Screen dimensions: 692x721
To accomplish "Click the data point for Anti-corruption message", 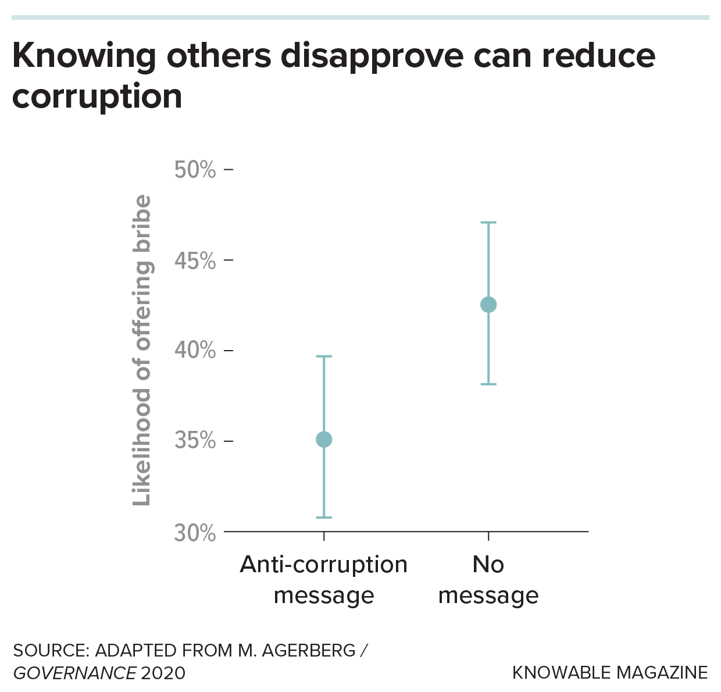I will pos(324,440).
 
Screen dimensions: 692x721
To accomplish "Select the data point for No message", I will pos(488,305).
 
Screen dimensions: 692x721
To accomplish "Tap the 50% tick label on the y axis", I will pos(195,170).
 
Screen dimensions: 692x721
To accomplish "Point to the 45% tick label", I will pos(195,261).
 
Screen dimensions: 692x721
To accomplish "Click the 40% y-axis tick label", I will pos(195,351).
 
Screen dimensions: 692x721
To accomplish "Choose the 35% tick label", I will pos(195,441).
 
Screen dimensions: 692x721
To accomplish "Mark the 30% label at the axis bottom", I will pos(195,533).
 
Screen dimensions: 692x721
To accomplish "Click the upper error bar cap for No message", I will pos(488,223).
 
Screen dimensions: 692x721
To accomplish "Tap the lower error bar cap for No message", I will pos(488,384).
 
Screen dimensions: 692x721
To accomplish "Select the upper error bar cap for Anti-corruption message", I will pos(324,356).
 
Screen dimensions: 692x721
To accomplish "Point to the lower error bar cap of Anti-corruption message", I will pos(324,518).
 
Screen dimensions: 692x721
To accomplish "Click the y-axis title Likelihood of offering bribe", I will pos(142,351).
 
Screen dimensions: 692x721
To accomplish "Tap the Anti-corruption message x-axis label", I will pos(324,580).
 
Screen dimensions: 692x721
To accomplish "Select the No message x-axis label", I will pos(488,580).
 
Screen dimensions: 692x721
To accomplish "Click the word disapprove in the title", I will pos(372,56).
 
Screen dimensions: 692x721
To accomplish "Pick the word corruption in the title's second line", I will pos(97,97).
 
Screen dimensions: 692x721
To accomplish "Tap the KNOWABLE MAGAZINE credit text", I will pos(610,673).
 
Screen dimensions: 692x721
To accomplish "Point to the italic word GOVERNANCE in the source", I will pos(74,673).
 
